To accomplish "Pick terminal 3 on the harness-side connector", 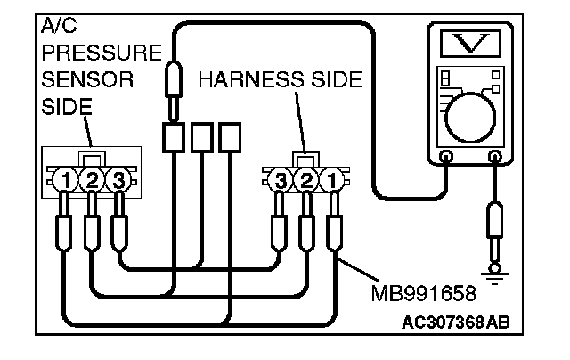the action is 281,182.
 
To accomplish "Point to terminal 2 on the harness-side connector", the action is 306,182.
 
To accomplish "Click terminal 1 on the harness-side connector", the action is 331,182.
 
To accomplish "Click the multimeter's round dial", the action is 471,116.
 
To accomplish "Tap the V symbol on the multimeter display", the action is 471,45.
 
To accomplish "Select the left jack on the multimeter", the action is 446,157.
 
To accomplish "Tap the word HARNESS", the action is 241,80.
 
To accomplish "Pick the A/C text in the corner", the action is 56,27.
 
